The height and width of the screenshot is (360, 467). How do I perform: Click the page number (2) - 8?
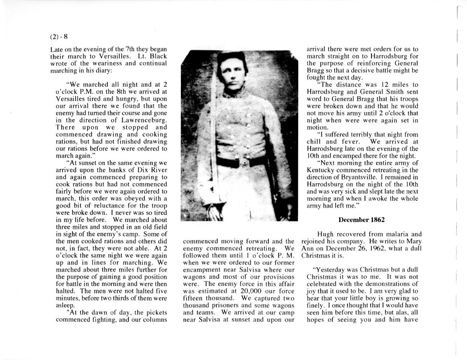(x=59, y=36)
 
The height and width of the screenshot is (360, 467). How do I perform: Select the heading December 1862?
(x=361, y=220)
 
